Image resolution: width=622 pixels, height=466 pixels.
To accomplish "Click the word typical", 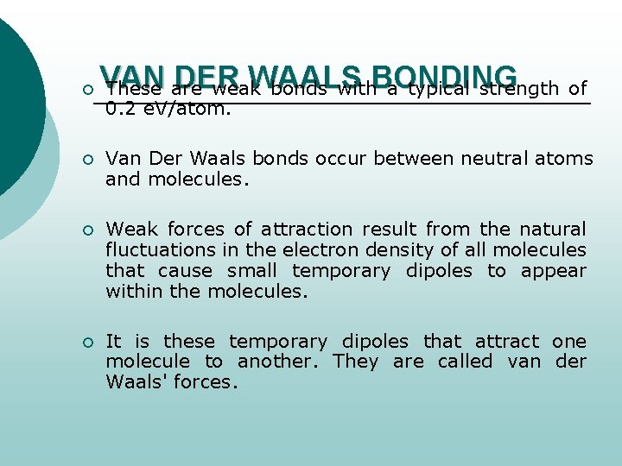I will coord(440,89).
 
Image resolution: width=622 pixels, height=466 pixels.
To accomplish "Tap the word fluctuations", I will coord(158,250).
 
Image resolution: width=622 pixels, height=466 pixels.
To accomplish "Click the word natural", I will coord(552,230).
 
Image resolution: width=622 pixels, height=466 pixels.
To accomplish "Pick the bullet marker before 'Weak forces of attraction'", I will coord(75,230).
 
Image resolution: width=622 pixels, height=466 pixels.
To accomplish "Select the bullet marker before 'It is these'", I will coord(75,343).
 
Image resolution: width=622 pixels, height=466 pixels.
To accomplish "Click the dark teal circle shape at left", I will coord(16,104).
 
